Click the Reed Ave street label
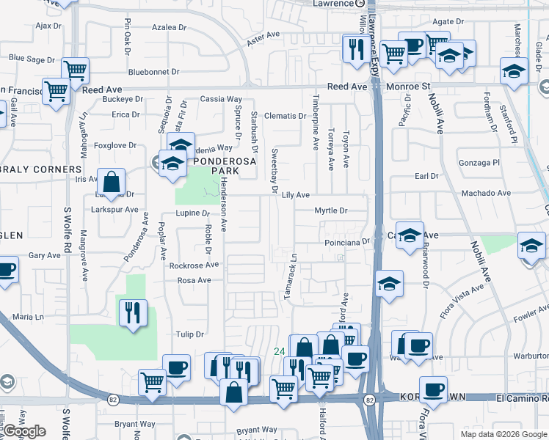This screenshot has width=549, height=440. tap(347, 87)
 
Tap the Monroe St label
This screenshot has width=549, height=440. tap(408, 87)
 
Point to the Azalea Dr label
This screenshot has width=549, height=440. tap(170, 27)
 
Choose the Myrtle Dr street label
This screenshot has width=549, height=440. tap(330, 210)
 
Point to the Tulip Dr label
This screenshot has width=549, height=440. tap(189, 334)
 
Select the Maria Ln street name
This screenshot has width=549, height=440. tap(29, 317)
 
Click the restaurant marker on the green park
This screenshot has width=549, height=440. tap(133, 312)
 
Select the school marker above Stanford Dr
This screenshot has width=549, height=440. tap(515, 71)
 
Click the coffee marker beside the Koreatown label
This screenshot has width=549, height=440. tap(433, 389)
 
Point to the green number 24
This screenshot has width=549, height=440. tap(279, 352)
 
